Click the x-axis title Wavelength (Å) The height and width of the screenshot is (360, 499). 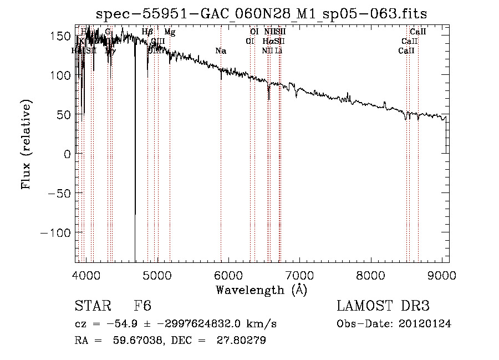[x=261, y=289]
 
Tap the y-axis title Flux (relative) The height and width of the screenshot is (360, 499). [x=26, y=144]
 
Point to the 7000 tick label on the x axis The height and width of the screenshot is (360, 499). [x=300, y=275]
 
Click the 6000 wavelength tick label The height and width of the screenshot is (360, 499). [x=229, y=275]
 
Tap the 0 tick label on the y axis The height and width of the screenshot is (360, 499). [x=67, y=154]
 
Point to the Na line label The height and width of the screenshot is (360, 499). [x=221, y=51]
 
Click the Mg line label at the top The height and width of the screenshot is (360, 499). [x=170, y=32]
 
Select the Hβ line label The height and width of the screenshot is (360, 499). [x=147, y=32]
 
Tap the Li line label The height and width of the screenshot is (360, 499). [x=279, y=51]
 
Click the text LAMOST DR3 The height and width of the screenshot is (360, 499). [x=383, y=306]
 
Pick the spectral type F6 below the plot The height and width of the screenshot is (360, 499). [x=142, y=306]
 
